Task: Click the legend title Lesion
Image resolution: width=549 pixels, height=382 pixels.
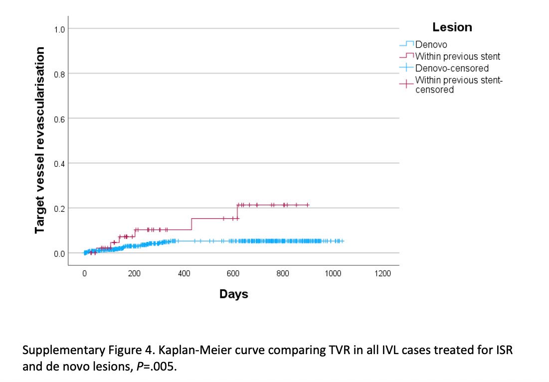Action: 452,27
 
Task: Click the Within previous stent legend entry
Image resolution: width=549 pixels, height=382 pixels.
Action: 457,56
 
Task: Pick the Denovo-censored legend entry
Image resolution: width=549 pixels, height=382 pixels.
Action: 451,68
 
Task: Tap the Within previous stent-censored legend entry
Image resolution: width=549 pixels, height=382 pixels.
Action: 458,84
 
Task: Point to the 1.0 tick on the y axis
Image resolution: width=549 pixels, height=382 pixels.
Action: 60,29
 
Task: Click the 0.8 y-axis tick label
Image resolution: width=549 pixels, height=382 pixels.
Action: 60,74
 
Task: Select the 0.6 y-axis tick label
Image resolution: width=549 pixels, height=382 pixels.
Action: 60,119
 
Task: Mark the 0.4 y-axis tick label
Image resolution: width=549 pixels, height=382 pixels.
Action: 60,164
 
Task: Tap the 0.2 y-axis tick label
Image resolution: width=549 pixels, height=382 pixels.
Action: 60,209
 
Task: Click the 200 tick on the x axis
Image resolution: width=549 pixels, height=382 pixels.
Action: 134,273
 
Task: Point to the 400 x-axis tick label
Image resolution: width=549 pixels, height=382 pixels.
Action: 184,273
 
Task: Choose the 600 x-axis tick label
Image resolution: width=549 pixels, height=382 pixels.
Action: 233,273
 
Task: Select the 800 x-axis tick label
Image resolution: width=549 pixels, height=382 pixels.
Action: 283,273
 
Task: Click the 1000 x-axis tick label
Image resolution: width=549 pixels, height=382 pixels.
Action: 333,273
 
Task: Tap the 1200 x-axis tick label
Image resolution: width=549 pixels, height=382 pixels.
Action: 382,273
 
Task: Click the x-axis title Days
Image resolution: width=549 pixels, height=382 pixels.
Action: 233,294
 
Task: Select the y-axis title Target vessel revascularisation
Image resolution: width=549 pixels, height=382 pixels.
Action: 39,140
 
